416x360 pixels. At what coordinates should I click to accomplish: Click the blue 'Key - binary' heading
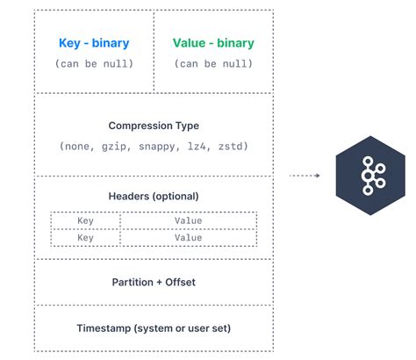[x=93, y=43]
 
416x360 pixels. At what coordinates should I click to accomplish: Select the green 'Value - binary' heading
[x=212, y=43]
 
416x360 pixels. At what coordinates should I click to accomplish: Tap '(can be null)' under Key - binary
[x=93, y=63]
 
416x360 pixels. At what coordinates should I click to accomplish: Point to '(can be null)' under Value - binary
[x=212, y=63]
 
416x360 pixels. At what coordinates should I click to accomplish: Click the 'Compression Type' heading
[x=153, y=126]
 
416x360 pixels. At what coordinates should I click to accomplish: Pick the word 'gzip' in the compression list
[x=116, y=146]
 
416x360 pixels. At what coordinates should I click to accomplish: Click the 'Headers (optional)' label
[x=154, y=196]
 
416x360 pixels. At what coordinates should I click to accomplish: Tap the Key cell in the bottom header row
[x=85, y=237]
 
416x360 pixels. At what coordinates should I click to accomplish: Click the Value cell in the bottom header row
[x=188, y=237]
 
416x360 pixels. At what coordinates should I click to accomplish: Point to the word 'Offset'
[x=177, y=282]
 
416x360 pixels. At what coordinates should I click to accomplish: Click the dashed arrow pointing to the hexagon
[x=305, y=175]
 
